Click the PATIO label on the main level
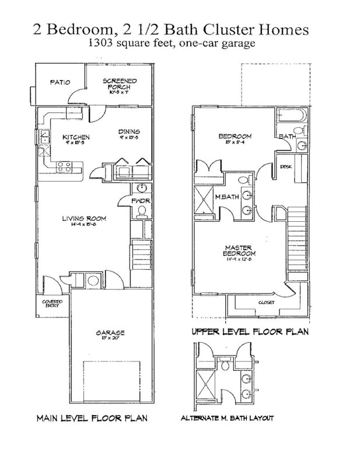[x=60, y=82]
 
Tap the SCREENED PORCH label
[x=119, y=83]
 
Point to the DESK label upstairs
[x=285, y=166]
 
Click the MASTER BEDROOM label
[x=239, y=252]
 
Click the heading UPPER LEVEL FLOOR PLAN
[x=250, y=332]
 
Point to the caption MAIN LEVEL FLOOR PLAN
[x=92, y=418]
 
